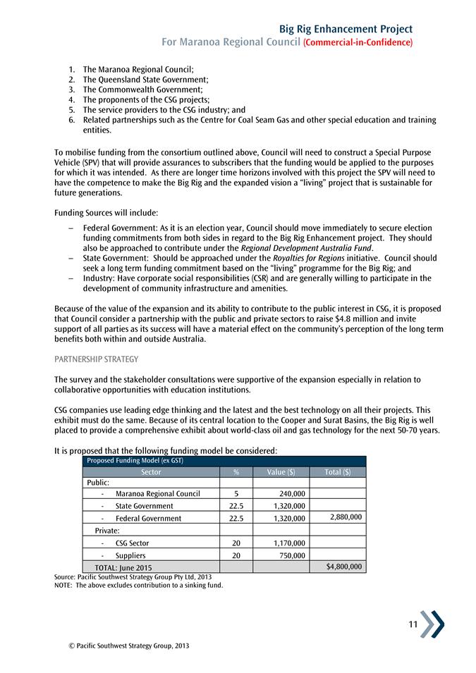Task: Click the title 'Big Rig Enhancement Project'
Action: [346, 29]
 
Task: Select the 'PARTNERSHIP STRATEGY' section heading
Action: [96, 359]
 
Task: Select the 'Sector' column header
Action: [151, 472]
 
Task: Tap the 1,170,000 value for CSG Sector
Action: [288, 543]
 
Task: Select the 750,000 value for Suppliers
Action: [292, 555]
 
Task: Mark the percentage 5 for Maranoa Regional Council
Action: [236, 494]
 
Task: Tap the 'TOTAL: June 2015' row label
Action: [118, 567]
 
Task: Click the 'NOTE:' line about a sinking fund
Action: [138, 585]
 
